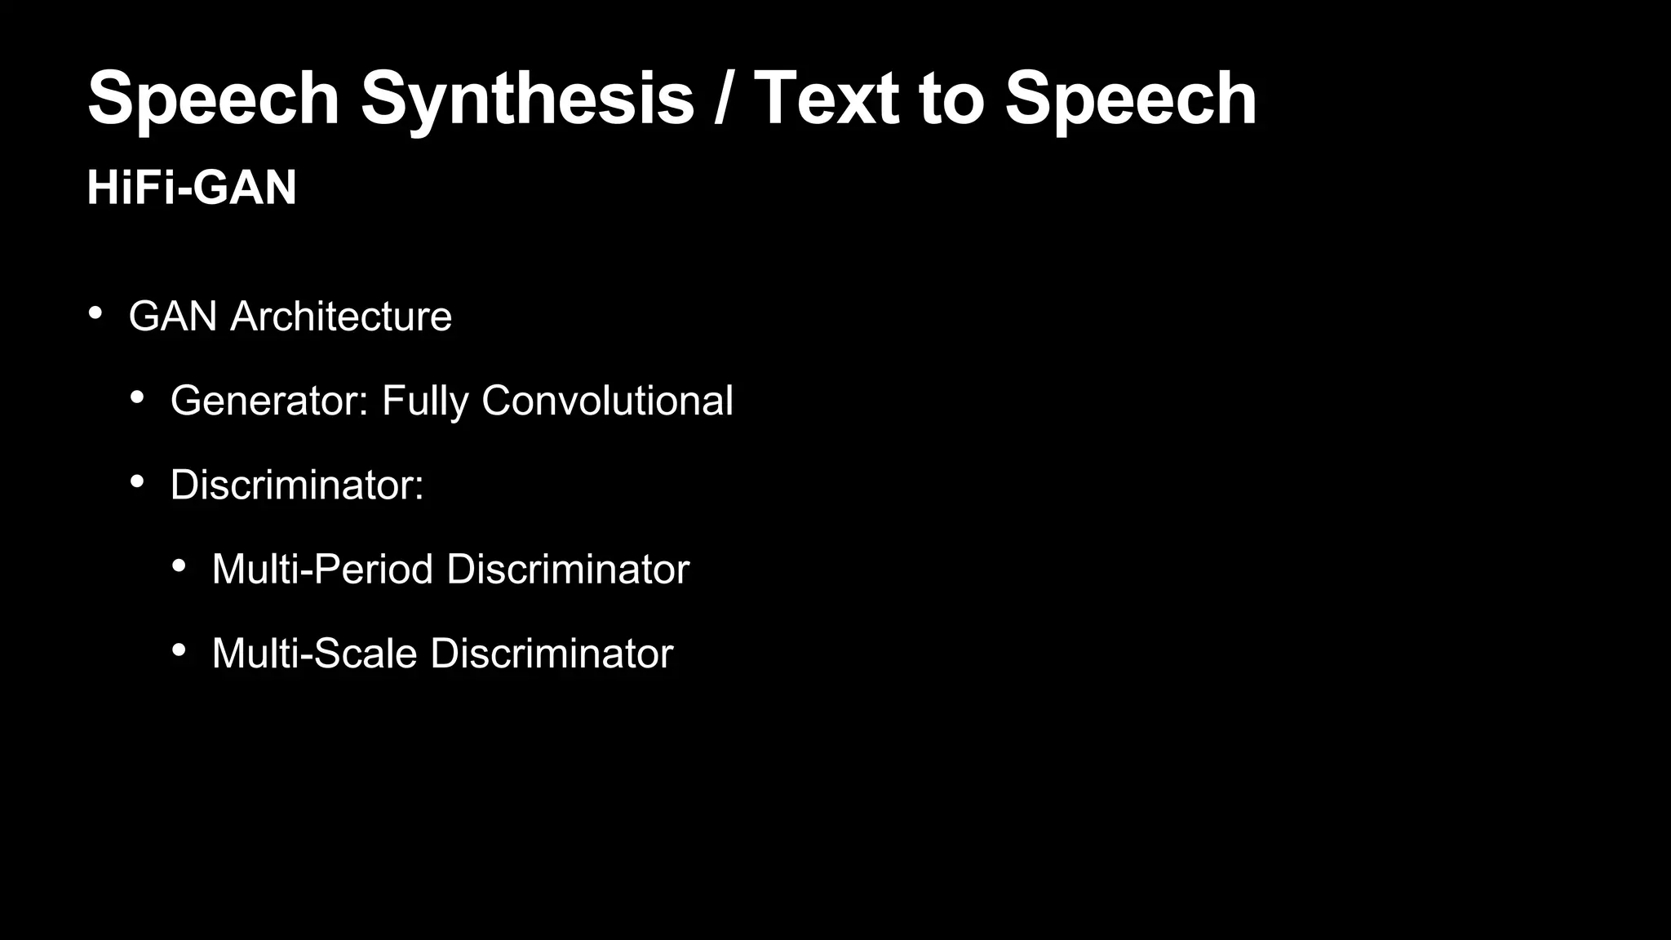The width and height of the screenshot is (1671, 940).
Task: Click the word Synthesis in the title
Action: (527, 100)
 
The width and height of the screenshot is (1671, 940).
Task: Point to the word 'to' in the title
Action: (951, 100)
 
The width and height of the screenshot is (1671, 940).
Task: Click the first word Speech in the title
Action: (214, 100)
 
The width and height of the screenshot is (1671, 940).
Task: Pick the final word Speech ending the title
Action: (1131, 100)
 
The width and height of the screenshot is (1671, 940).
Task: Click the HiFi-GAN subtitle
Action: (192, 188)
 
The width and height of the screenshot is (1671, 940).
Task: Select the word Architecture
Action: (341, 317)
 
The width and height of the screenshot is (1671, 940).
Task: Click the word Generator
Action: (269, 401)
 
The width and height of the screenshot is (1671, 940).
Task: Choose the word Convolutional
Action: (607, 401)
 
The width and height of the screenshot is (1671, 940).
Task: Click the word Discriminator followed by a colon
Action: (297, 485)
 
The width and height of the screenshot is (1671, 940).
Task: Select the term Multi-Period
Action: (322, 570)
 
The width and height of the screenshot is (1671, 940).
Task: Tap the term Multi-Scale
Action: (314, 654)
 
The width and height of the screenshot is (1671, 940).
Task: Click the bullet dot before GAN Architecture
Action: (95, 313)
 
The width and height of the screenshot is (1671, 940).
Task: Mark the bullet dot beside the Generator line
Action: (137, 398)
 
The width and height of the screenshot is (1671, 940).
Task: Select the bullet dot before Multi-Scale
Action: (179, 650)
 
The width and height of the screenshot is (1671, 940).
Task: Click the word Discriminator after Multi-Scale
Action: (552, 654)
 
